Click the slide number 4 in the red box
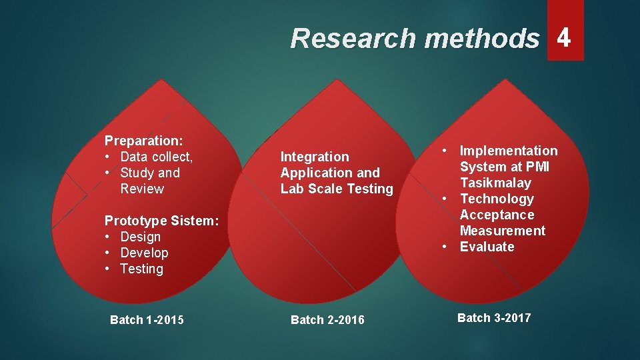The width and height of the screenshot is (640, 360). click(x=564, y=37)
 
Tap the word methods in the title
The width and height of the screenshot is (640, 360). click(x=481, y=39)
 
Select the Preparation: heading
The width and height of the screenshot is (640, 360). click(x=144, y=141)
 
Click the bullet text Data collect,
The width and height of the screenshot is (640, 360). click(x=157, y=157)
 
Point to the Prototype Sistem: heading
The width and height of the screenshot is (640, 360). click(x=162, y=221)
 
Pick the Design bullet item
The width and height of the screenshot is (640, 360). click(x=141, y=237)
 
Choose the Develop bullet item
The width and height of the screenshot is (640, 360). click(x=145, y=253)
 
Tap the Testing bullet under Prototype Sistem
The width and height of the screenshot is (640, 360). click(x=142, y=269)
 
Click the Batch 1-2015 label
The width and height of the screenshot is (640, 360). click(x=147, y=320)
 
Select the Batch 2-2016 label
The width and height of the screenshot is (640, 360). click(x=327, y=320)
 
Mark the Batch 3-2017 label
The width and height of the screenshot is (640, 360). click(x=494, y=317)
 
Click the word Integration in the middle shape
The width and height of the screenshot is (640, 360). click(x=315, y=157)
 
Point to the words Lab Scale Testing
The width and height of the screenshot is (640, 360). click(x=337, y=189)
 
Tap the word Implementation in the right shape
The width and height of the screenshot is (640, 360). click(x=509, y=151)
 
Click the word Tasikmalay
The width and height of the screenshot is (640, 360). click(x=495, y=183)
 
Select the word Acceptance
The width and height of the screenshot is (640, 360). click(x=497, y=215)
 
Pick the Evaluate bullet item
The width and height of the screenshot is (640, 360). click(x=487, y=247)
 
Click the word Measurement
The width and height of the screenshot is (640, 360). click(x=503, y=231)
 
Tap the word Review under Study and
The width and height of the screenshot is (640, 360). click(x=142, y=189)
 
